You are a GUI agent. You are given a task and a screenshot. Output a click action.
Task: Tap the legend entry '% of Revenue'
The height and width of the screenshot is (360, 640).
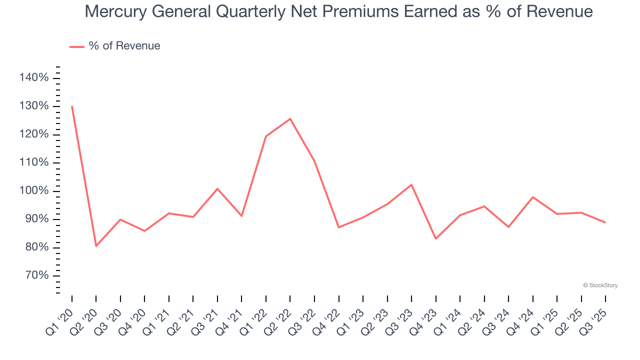[124, 46]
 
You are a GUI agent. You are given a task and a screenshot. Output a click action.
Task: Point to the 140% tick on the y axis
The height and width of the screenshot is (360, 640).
[34, 77]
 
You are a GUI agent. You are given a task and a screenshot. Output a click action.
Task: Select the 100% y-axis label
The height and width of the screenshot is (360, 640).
[34, 191]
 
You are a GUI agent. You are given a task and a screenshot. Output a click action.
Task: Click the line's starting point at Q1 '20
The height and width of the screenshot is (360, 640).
[72, 106]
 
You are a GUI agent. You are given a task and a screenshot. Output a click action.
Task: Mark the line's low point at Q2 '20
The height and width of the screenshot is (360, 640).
[96, 246]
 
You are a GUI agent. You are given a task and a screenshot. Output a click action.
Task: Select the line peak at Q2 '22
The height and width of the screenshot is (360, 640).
[290, 118]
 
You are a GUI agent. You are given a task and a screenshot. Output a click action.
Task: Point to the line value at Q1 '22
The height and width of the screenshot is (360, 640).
[266, 136]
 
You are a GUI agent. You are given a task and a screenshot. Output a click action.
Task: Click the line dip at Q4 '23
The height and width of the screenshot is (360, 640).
[435, 238]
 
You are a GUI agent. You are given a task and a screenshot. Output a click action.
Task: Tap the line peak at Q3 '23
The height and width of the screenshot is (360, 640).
[411, 184]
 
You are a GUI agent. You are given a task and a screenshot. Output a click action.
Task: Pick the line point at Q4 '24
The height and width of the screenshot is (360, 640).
[533, 197]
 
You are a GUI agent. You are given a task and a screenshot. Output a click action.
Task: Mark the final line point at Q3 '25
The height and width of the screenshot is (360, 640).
[605, 222]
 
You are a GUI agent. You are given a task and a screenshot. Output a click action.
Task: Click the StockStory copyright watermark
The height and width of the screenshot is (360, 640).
[600, 285]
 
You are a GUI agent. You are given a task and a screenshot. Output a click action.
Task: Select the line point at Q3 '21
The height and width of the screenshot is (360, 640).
[217, 188]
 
